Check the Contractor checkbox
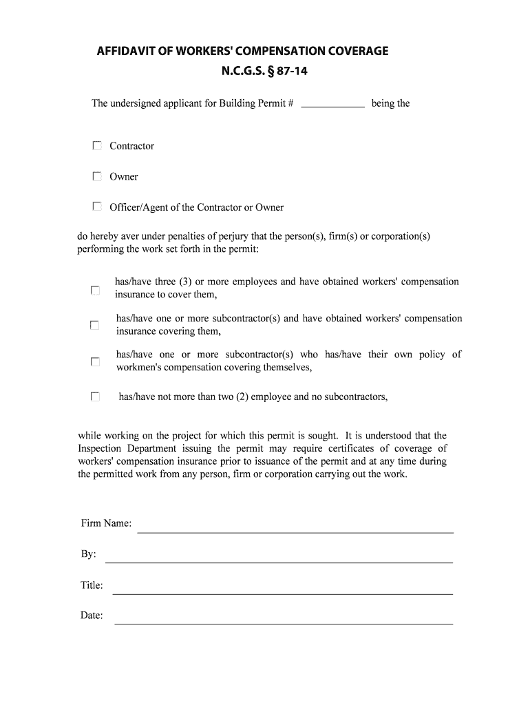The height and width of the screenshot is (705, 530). tap(97, 146)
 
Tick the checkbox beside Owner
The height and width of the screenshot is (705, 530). tap(97, 176)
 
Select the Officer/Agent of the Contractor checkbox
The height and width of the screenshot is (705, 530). tap(97, 207)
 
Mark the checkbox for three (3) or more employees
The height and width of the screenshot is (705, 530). tap(95, 291)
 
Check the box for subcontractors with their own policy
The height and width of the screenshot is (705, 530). tap(95, 361)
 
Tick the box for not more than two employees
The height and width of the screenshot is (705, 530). tap(95, 397)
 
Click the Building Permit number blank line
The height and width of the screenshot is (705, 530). tap(333, 105)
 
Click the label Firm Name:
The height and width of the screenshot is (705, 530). tap(107, 523)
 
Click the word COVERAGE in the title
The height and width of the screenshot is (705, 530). tap(355, 52)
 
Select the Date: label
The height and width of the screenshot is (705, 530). tap(92, 615)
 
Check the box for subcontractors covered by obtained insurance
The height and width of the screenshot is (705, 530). tap(95, 325)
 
